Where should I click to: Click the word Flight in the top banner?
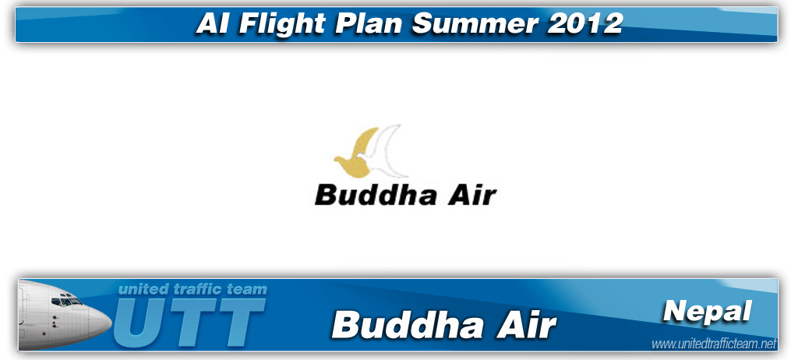(x=282, y=23)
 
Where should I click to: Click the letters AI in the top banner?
(x=214, y=23)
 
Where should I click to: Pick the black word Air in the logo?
(x=471, y=194)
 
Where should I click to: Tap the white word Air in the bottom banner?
(x=527, y=324)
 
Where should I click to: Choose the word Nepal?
(x=708, y=311)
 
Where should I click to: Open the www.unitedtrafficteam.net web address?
(x=714, y=344)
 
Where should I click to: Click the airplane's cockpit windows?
(x=67, y=301)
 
